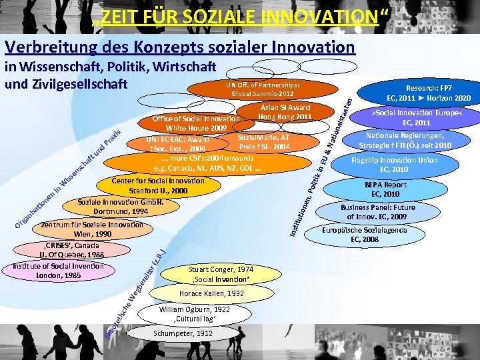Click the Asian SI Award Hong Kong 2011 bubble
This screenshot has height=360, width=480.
[x=285, y=112]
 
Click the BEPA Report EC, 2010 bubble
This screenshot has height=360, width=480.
[x=385, y=189]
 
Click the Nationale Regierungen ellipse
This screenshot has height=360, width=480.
[x=405, y=141]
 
